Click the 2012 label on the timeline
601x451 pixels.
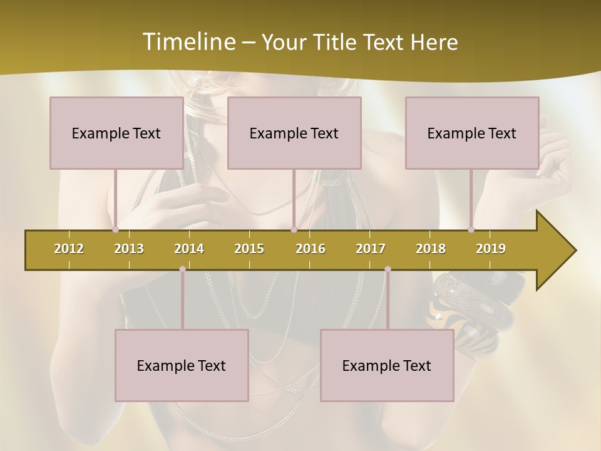click(x=69, y=249)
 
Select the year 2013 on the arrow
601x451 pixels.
click(x=129, y=249)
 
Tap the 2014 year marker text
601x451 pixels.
click(x=189, y=249)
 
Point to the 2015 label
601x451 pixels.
click(x=249, y=249)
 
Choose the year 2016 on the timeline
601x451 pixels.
click(x=311, y=249)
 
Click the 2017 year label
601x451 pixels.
click(x=371, y=249)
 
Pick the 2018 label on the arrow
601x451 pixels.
click(x=431, y=249)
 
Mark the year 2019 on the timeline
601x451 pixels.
click(x=491, y=249)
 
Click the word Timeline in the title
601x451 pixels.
click(x=188, y=42)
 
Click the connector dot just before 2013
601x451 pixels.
click(x=115, y=229)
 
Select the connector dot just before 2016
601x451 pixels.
click(x=294, y=229)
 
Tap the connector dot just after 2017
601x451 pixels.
click(x=388, y=269)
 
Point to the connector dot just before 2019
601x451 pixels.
click(x=471, y=229)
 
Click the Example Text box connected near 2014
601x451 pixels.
click(x=182, y=365)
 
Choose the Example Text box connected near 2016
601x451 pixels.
click(x=294, y=133)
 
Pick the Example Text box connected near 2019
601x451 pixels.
click(x=472, y=133)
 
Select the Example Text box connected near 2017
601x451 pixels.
click(x=387, y=365)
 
